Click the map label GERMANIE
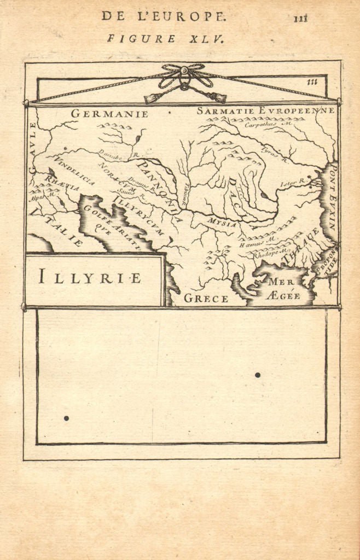[109, 114]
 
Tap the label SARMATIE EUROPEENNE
[265, 110]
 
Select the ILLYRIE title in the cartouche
[90, 277]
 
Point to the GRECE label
[206, 298]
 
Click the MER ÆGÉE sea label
[283, 289]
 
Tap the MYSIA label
[222, 223]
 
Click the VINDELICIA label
[75, 170]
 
